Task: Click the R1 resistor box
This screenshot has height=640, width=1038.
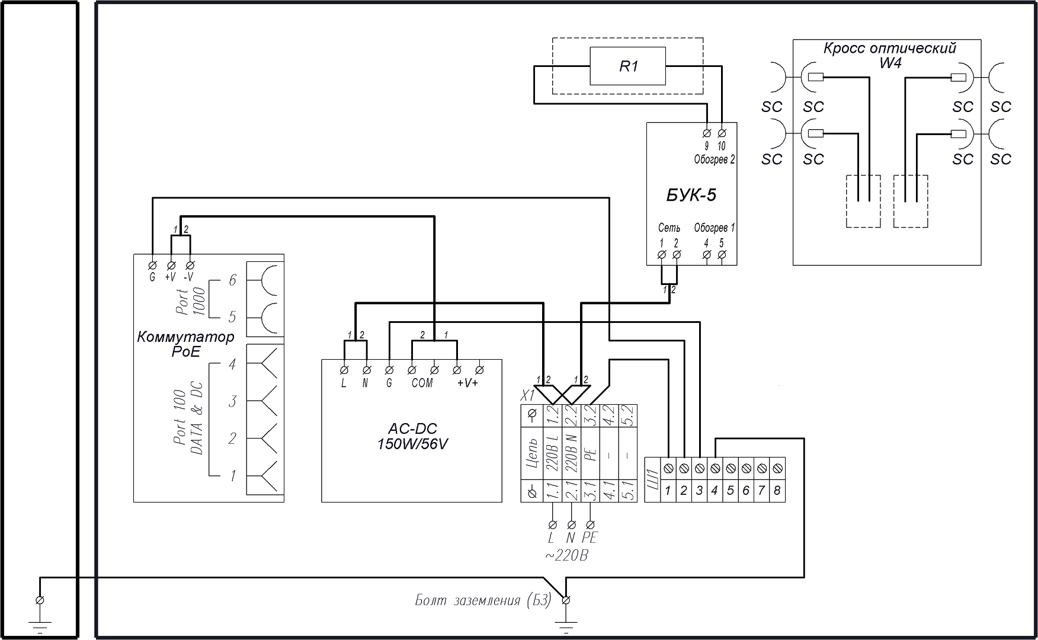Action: pyautogui.click(x=628, y=66)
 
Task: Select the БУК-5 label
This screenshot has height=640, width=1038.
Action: pyautogui.click(x=691, y=195)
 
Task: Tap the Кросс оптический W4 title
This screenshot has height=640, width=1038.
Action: pyautogui.click(x=889, y=55)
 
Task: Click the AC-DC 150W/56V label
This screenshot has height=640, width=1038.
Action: pyautogui.click(x=412, y=436)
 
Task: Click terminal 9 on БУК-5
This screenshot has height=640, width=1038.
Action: pyautogui.click(x=706, y=133)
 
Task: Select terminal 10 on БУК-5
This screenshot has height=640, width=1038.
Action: pyautogui.click(x=722, y=133)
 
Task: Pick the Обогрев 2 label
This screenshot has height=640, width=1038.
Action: pyautogui.click(x=715, y=159)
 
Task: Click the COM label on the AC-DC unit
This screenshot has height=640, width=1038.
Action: pyautogui.click(x=422, y=383)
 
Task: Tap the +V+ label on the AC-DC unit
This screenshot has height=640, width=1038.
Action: pyautogui.click(x=467, y=383)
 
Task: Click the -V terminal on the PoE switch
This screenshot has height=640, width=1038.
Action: pyautogui.click(x=190, y=264)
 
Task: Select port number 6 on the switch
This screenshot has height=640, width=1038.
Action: pyautogui.click(x=232, y=280)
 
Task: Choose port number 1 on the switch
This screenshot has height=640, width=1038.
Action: pyautogui.click(x=233, y=475)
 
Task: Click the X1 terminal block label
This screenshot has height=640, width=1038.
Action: pyautogui.click(x=527, y=396)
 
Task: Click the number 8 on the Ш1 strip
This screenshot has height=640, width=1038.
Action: pyautogui.click(x=777, y=491)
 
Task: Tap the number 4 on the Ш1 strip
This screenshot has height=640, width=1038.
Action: pyautogui.click(x=715, y=491)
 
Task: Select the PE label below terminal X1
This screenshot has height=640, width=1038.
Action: pyautogui.click(x=590, y=538)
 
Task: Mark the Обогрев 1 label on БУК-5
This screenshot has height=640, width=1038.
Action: pyautogui.click(x=714, y=228)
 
